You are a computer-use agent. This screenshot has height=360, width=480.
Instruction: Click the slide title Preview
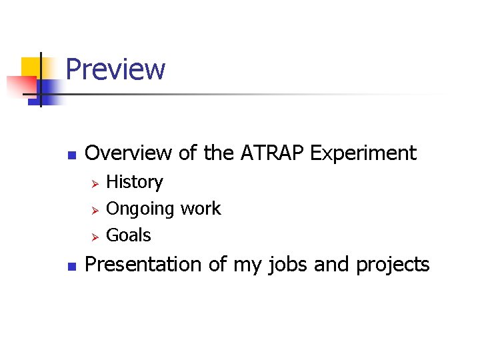pos(115,69)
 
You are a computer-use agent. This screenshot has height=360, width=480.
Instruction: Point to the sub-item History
pos(135,182)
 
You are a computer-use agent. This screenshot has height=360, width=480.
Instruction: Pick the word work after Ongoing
pos(201,209)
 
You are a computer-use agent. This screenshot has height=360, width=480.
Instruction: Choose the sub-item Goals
pos(129,235)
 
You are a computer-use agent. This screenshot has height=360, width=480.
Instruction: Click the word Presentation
pos(144,265)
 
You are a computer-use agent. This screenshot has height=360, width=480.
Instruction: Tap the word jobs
pos(289,265)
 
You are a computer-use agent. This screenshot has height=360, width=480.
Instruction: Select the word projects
pos(393,265)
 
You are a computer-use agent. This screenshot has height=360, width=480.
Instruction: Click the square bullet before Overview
pos(73,155)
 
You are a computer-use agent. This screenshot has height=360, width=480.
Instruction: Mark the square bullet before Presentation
pos(73,266)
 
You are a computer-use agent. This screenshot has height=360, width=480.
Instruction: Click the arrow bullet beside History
pos(95,183)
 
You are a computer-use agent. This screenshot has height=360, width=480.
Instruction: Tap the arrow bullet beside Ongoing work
pos(95,209)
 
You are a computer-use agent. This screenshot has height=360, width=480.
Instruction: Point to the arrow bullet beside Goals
pos(95,236)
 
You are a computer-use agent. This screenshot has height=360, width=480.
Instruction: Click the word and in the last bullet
pos(331,265)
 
